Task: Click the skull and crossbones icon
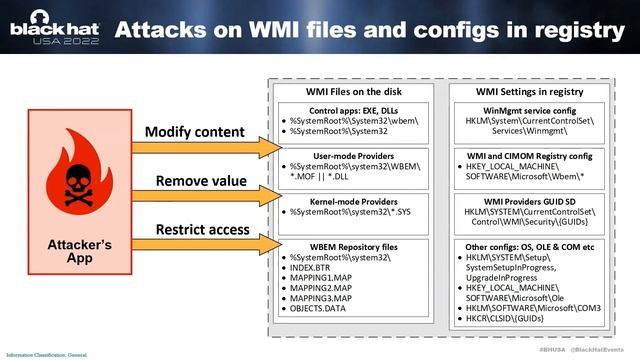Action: click(73, 179)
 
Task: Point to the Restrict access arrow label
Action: click(201, 230)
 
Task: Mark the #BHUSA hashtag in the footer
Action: click(553, 353)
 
